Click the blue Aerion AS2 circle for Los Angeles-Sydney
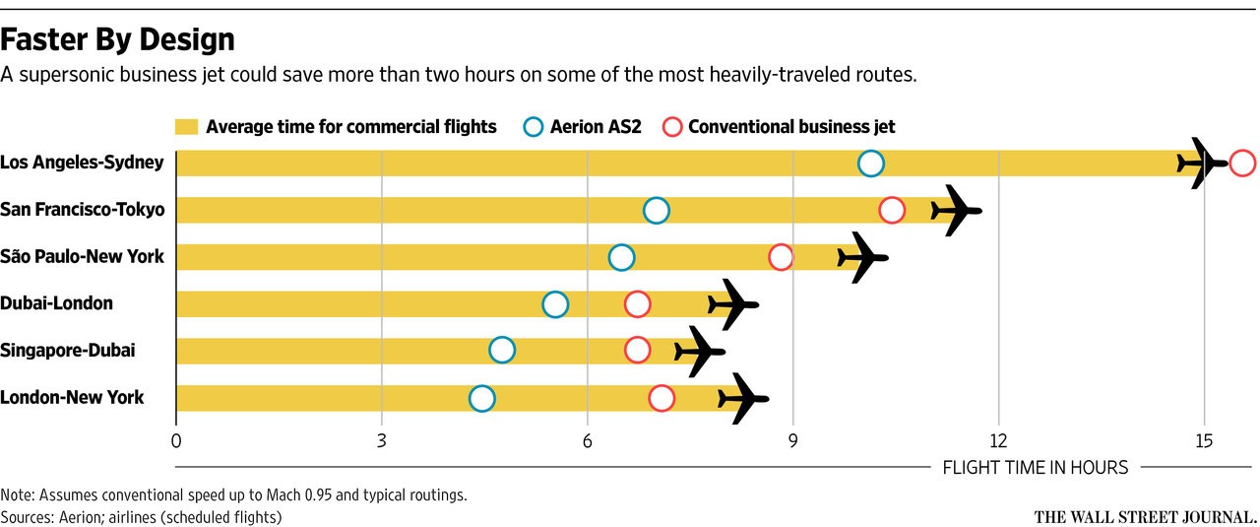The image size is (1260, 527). click(870, 164)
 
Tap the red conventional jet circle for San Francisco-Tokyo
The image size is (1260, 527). click(892, 210)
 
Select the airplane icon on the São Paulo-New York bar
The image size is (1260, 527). click(862, 257)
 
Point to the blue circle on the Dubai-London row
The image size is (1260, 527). click(555, 304)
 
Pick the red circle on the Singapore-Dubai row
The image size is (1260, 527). click(637, 351)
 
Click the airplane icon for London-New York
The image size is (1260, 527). click(742, 398)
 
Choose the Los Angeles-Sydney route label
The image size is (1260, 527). click(82, 163)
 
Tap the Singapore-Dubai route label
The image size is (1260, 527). click(68, 351)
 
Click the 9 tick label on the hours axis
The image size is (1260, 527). click(792, 440)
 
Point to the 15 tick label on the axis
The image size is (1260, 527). click(1203, 440)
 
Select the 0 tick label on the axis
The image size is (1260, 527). click(176, 440)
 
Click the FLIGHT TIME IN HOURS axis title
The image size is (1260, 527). click(1036, 468)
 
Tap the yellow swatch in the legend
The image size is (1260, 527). click(187, 127)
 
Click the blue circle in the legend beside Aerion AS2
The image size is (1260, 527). click(534, 127)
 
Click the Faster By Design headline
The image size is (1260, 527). click(118, 39)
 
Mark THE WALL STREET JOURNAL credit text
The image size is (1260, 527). click(1145, 515)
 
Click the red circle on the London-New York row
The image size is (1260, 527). click(661, 398)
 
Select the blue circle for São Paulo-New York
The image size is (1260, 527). click(621, 257)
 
